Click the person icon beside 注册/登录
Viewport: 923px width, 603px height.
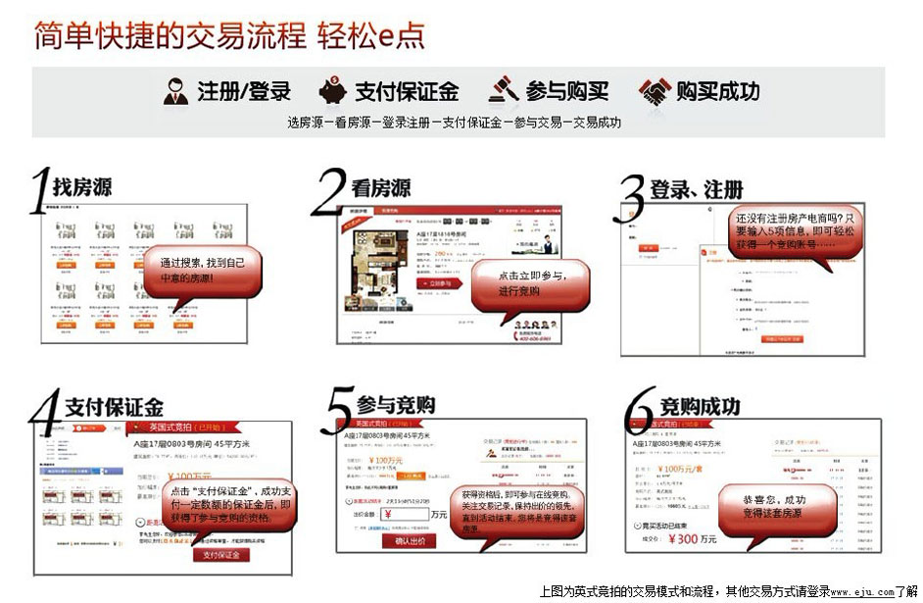pos(175,91)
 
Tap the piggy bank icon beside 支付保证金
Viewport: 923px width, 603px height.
pos(332,91)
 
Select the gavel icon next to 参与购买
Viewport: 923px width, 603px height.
pos(503,90)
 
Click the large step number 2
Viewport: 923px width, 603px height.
pos(329,191)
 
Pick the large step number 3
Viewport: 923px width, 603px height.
pos(632,199)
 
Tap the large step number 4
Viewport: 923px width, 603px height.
pos(45,414)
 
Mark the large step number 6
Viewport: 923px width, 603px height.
pos(638,412)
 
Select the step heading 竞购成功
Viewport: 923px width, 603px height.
pos(700,406)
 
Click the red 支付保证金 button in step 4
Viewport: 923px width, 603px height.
pos(221,555)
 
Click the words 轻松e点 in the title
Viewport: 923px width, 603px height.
pos(371,36)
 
